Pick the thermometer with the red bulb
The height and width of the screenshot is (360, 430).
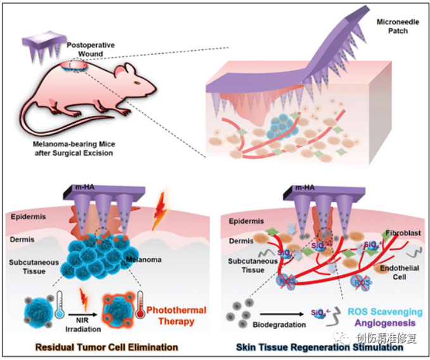tap(136, 303)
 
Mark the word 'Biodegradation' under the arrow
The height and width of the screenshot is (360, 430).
tap(279, 325)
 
